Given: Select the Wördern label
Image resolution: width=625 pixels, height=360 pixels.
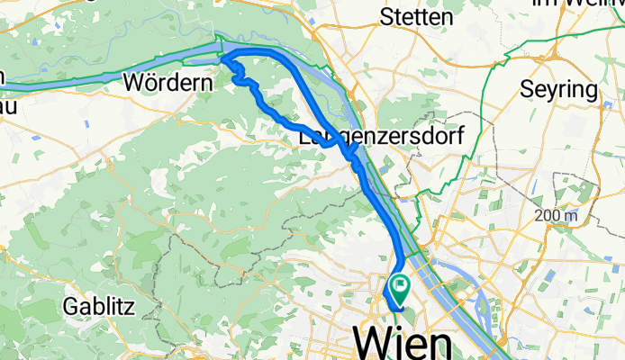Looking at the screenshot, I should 168,83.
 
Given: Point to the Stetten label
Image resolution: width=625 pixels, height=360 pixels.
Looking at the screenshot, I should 416,16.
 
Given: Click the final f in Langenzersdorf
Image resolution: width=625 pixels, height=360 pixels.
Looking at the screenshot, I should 457,138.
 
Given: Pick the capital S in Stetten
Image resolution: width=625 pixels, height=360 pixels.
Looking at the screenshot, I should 388,16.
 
